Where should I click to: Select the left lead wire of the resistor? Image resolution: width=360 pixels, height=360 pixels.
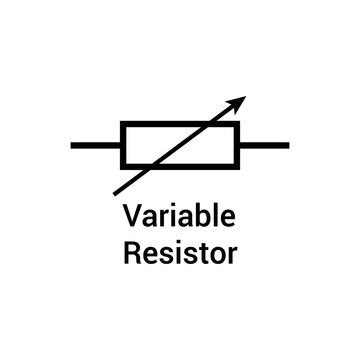point(96,145)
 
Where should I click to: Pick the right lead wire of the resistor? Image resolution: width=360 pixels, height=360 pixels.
point(264,145)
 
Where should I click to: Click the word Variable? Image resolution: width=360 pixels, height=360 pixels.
point(180,215)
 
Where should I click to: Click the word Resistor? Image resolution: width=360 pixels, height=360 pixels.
point(180,250)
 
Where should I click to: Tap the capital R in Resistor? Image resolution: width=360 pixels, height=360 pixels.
point(131,250)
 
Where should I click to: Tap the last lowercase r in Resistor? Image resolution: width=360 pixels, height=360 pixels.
point(233,252)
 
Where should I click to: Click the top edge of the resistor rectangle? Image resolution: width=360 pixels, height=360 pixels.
point(180,123)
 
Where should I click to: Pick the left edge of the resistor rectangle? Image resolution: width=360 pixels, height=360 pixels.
point(122,145)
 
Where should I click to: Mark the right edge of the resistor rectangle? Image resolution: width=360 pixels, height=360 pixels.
point(238,145)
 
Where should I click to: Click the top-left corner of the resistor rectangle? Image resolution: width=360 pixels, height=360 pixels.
point(122,123)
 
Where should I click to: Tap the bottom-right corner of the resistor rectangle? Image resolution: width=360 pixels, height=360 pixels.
point(238,167)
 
